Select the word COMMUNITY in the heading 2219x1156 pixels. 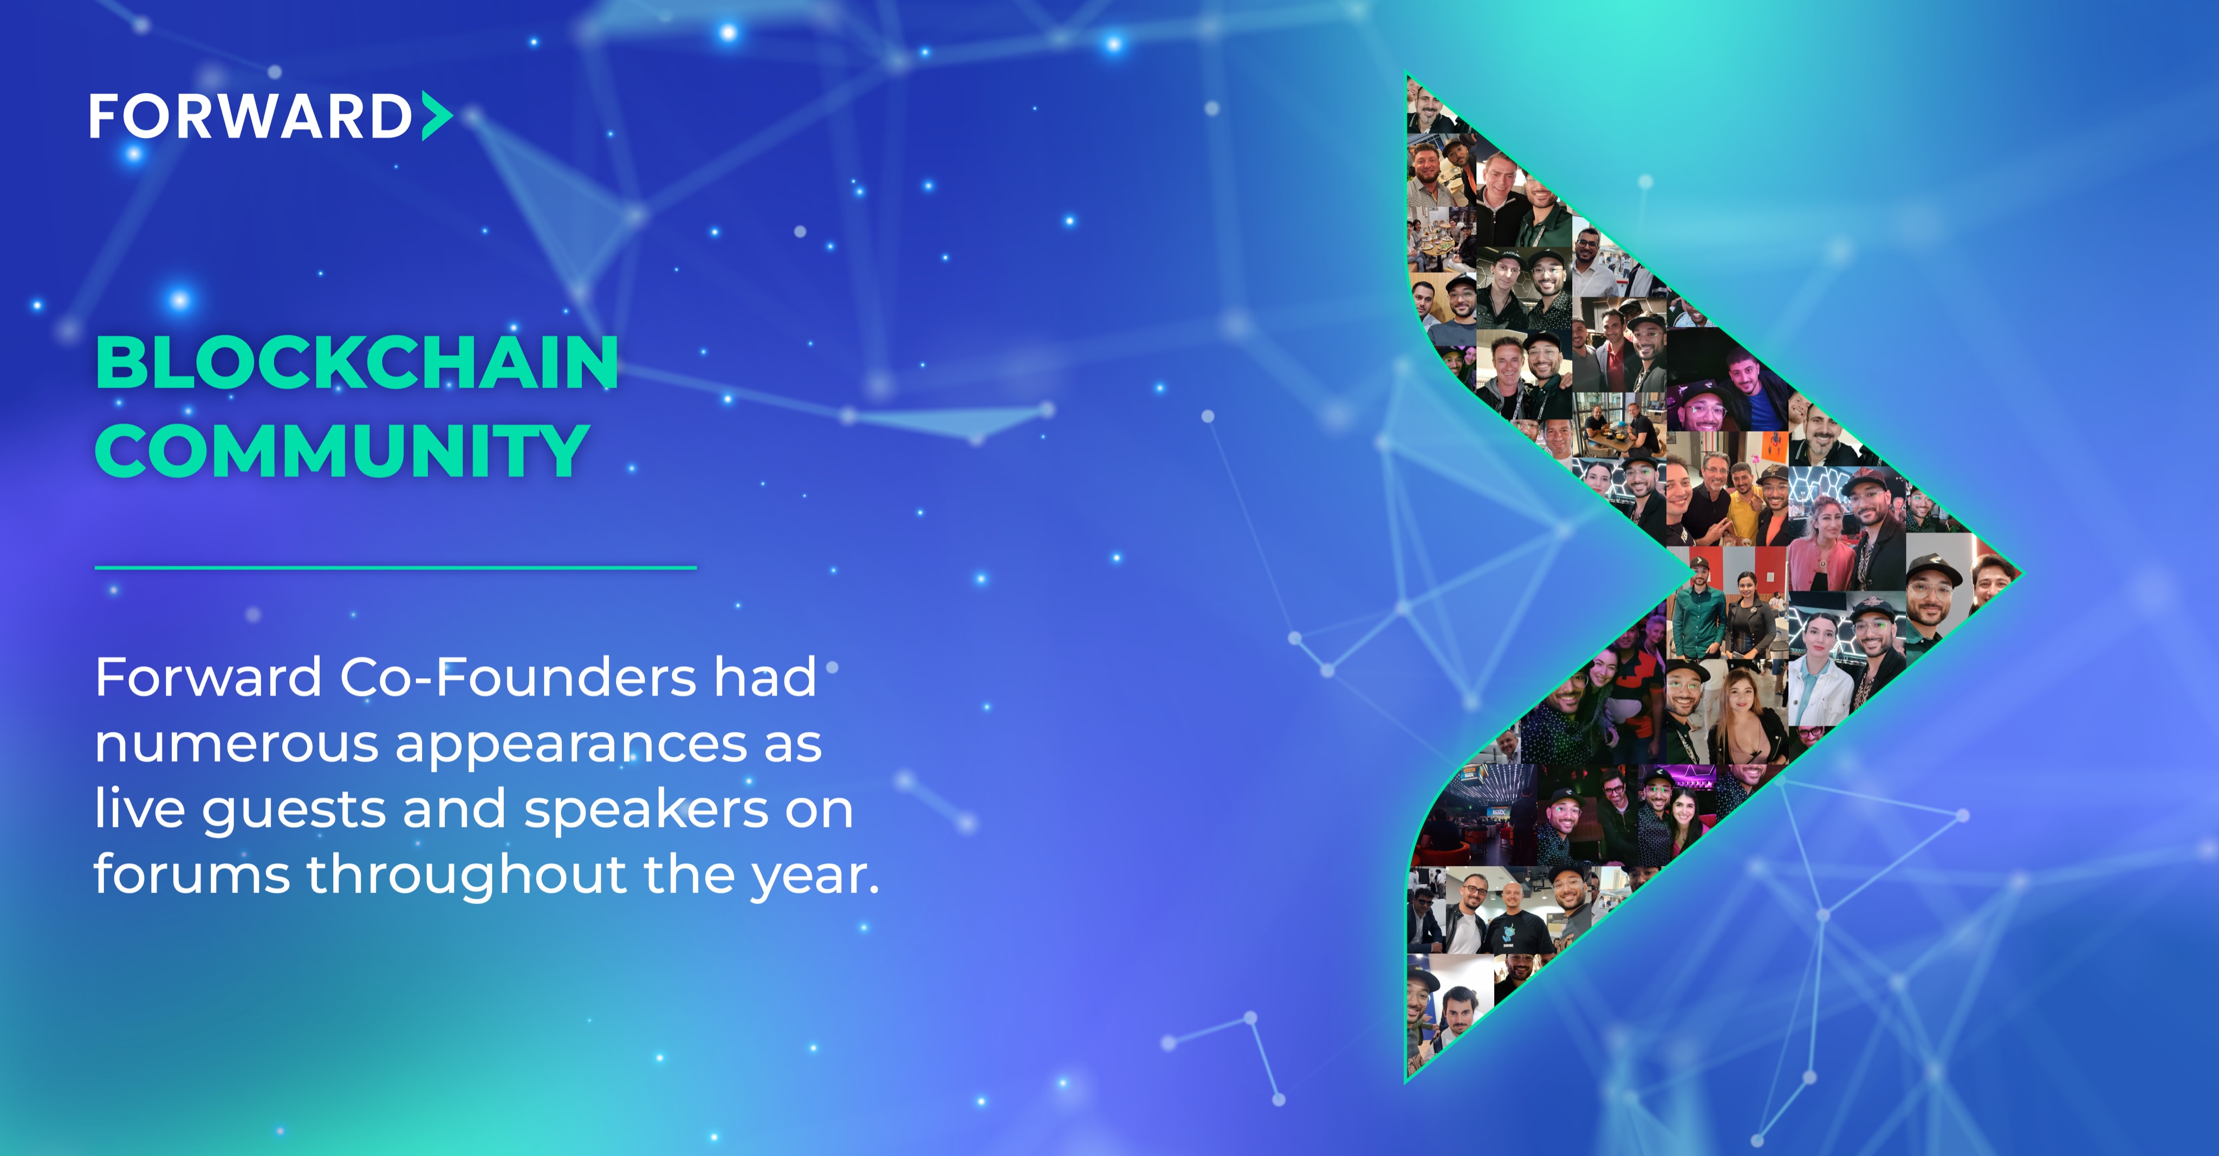coord(342,451)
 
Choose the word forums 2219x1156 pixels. coord(191,875)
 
